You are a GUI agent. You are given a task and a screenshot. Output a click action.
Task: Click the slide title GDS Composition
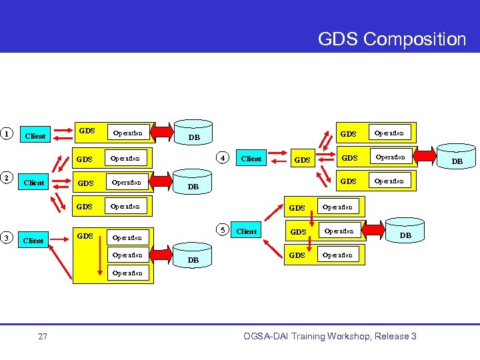(x=391, y=39)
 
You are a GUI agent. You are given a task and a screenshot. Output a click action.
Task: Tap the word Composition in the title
(x=415, y=39)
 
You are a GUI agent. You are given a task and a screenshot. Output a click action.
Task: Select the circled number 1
(x=7, y=133)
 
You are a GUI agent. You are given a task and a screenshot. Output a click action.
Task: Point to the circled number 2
(x=7, y=177)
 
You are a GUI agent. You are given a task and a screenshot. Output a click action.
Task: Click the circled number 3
(x=7, y=238)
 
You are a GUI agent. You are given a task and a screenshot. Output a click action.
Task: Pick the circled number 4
(x=224, y=158)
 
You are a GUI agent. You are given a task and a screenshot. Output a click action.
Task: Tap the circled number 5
(x=223, y=231)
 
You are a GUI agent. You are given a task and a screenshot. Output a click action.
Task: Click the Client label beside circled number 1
(x=35, y=137)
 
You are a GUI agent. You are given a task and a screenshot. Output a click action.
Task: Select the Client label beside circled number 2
(x=34, y=183)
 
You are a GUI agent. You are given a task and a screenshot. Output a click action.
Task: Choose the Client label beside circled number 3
(x=33, y=241)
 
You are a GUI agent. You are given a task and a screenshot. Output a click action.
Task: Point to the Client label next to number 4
(x=251, y=159)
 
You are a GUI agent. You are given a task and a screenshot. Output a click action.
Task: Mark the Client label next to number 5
(x=247, y=232)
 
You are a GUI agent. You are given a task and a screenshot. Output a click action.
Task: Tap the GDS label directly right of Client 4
(x=303, y=160)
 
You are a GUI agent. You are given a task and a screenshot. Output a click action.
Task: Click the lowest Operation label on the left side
(x=127, y=273)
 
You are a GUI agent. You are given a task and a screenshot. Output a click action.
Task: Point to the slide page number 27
(x=43, y=337)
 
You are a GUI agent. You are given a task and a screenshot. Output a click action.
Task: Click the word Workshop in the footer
(x=346, y=336)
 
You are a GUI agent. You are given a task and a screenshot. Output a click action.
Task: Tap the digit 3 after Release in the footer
(x=413, y=336)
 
